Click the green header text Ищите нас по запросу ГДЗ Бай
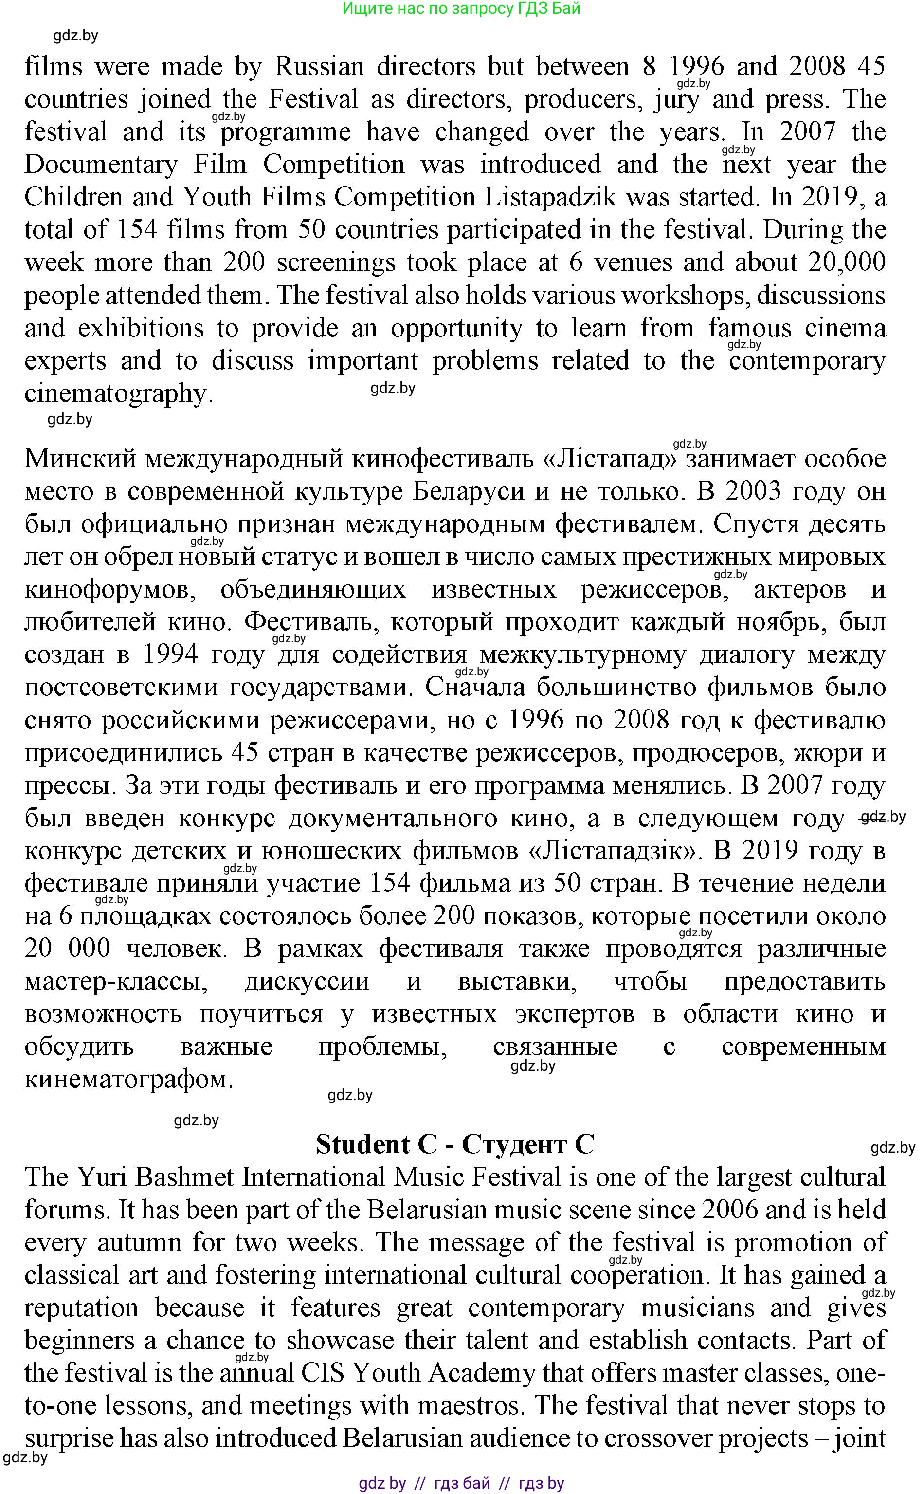pyautogui.click(x=461, y=9)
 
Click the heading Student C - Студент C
pyautogui.click(x=454, y=1144)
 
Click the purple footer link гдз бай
pyautogui.click(x=462, y=1483)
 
